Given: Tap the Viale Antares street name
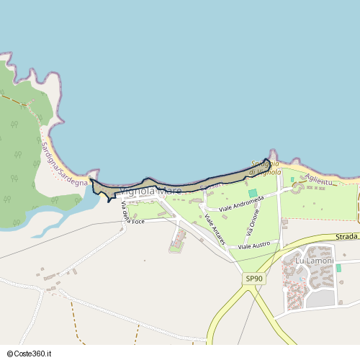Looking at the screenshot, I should tap(215, 229).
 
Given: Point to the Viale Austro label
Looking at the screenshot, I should tap(254, 246).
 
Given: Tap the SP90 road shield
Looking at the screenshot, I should tap(253, 279).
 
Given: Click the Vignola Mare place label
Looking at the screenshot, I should tap(150, 192).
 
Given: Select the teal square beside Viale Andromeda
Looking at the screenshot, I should tap(252, 193).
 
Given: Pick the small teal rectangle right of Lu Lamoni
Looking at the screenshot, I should tap(338, 268).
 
